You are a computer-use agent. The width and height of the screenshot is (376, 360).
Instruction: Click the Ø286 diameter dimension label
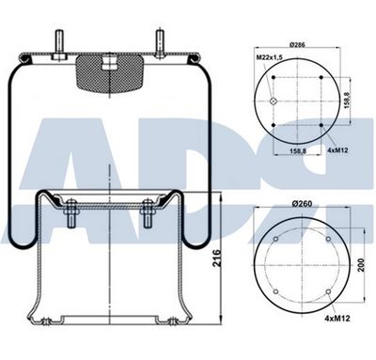tap(297, 45)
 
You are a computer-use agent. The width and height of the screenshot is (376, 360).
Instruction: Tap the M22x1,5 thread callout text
tap(270, 56)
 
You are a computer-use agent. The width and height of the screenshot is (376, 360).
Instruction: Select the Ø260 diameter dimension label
tap(302, 204)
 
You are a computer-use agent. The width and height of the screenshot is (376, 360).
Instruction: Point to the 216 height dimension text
tap(217, 258)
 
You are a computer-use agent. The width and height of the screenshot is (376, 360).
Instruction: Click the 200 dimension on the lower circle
tap(361, 265)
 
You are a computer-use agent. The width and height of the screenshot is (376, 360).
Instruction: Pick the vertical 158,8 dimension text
tap(347, 100)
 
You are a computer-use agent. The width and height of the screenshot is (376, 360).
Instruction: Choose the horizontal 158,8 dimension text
tap(297, 150)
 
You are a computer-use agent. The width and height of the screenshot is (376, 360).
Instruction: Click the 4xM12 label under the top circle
tap(337, 150)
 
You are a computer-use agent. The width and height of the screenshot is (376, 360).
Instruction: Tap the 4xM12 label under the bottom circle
tap(337, 319)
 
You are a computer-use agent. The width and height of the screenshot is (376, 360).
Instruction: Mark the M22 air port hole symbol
tap(274, 101)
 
